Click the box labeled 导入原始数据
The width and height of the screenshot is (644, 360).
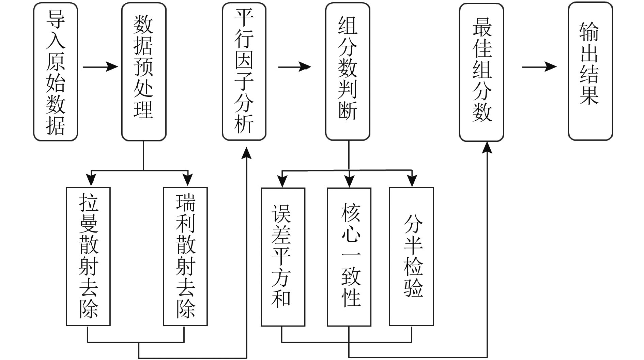[56, 72]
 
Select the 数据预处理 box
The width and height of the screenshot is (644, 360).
[144, 72]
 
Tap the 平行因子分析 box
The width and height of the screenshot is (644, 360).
[244, 72]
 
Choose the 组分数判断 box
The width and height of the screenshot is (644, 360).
[348, 72]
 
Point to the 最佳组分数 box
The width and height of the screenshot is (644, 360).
[481, 72]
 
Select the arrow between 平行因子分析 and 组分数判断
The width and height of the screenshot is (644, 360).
[294, 67]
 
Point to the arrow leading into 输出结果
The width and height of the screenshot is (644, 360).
[539, 67]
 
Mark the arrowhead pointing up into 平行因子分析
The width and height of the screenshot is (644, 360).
[246, 153]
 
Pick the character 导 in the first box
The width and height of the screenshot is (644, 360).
[56, 19]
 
